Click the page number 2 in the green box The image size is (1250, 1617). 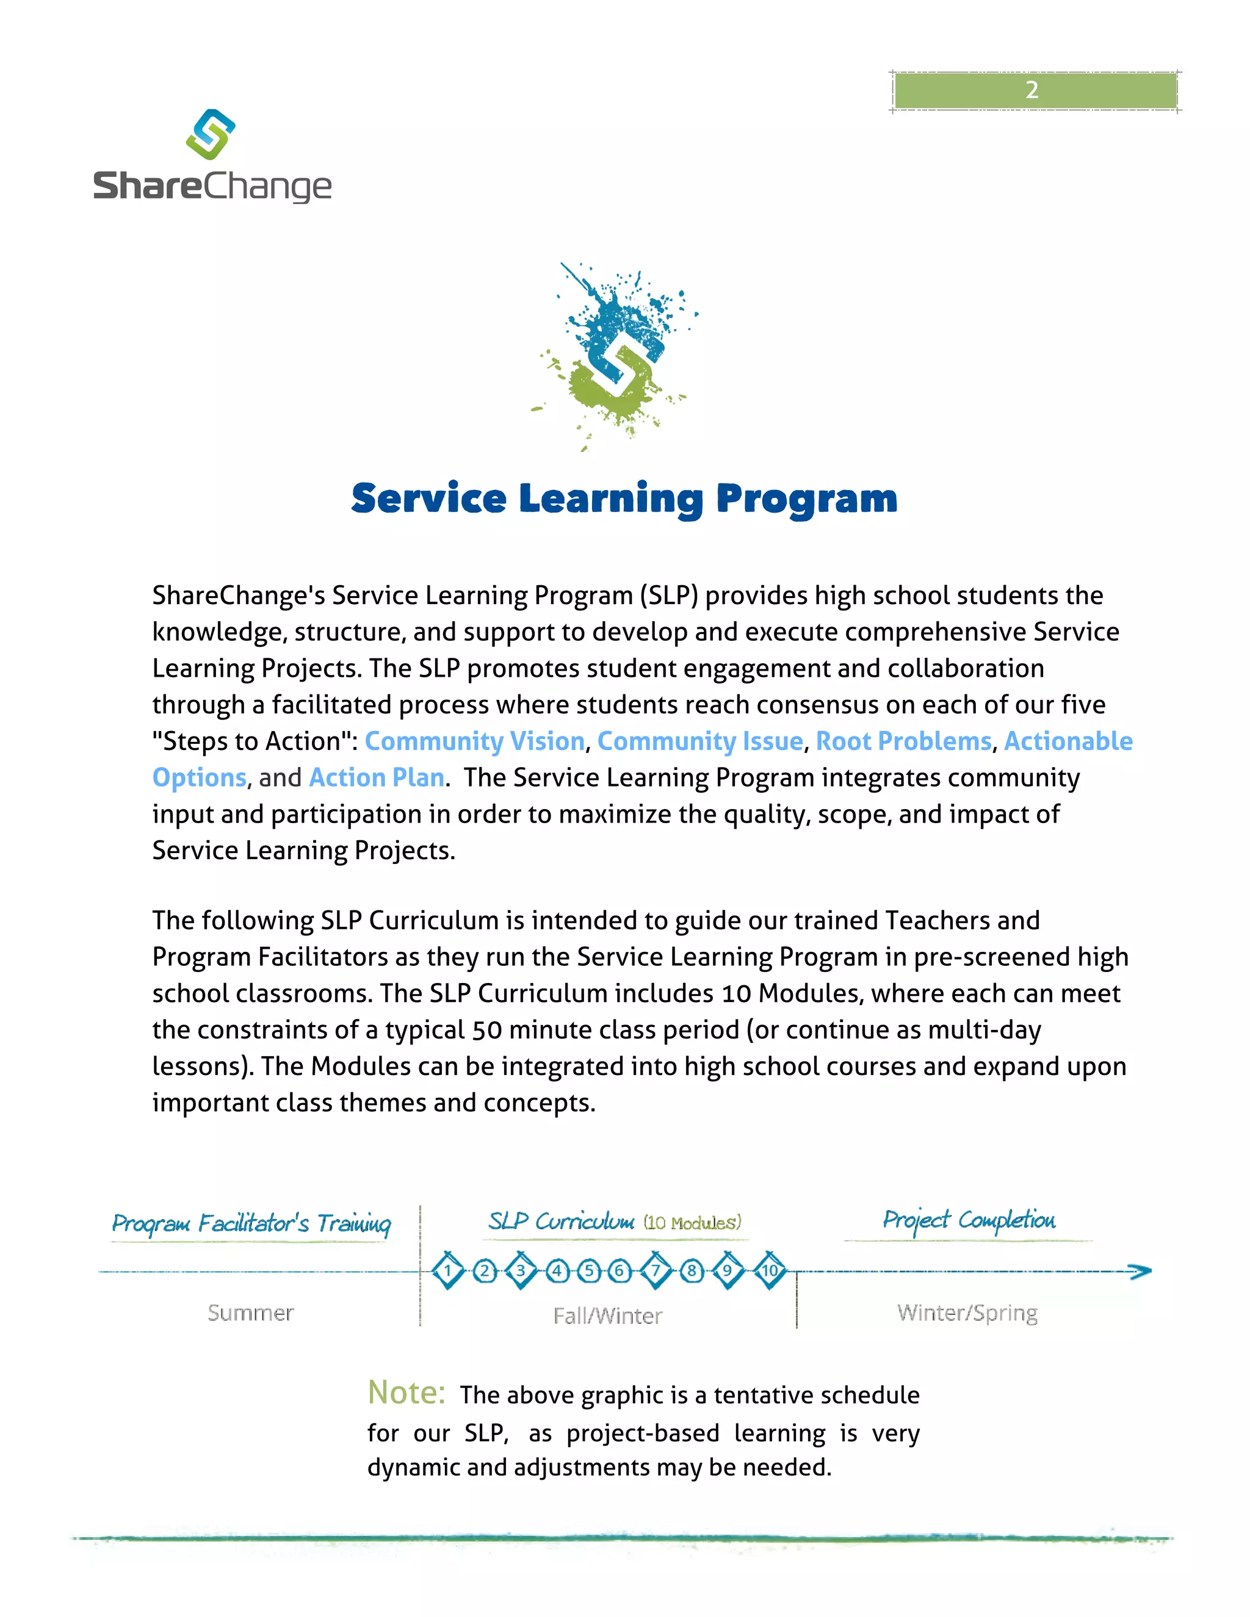pos(1031,90)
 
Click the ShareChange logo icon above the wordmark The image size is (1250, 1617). pos(211,134)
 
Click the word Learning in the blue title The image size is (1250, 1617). pos(610,499)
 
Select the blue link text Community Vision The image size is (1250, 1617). pos(475,741)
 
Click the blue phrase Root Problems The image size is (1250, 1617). pos(903,741)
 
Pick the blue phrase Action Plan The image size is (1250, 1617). pos(377,777)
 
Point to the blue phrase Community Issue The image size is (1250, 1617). pos(700,741)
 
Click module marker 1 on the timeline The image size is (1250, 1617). pos(447,1270)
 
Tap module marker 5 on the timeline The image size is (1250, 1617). pos(589,1271)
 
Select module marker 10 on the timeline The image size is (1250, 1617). pos(770,1270)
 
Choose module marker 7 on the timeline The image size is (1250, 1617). pos(656,1270)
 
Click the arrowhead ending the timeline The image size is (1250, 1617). pos(1140,1271)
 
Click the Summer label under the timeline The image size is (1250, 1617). pos(250,1313)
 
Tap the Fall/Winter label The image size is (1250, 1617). pos(607,1316)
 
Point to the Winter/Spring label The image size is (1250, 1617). pos(967,1313)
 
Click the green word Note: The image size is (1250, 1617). pos(406,1392)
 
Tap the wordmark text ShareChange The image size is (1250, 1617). pos(212,186)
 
